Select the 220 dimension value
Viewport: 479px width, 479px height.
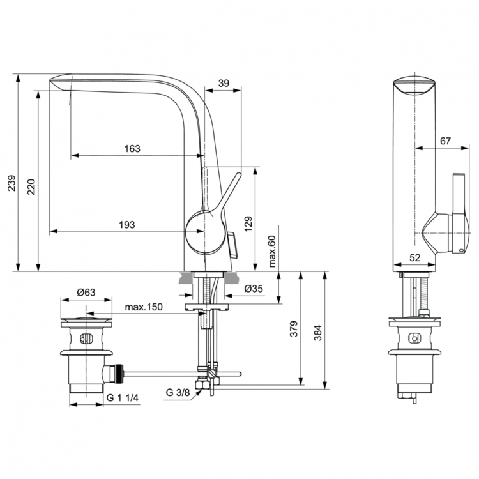point(31,186)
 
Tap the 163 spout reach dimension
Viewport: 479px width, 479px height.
point(132,148)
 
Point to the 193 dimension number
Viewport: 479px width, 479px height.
point(126,224)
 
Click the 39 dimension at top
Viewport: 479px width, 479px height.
point(224,82)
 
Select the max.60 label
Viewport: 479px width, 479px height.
point(271,251)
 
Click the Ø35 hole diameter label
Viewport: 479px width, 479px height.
point(254,289)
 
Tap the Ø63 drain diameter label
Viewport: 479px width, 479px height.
point(86,292)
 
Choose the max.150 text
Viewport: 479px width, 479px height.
point(144,307)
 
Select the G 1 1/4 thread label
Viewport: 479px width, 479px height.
point(124,398)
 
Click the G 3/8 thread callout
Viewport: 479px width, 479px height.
point(178,392)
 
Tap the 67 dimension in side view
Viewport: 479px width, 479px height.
point(445,141)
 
